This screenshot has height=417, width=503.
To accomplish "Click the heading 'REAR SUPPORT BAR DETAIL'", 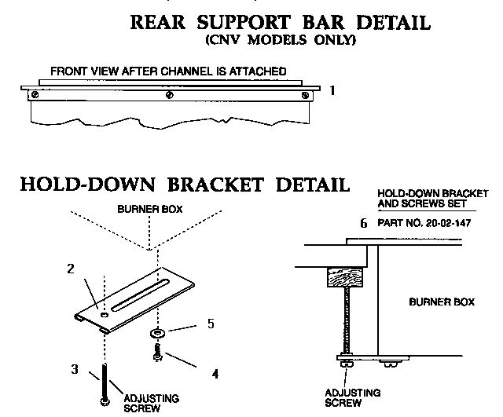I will pos(279,22).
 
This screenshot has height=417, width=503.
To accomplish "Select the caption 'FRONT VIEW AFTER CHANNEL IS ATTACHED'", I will pos(168,71).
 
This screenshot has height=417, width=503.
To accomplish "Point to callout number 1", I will pos(332,90).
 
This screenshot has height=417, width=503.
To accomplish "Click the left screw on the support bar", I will pos(34,96).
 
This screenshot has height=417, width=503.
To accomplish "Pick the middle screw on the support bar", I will pos(170,96).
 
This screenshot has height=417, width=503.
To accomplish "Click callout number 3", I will pos(74,368).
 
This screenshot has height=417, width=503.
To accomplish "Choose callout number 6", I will pos(363,223).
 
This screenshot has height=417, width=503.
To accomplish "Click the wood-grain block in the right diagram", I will pos(342,276).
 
